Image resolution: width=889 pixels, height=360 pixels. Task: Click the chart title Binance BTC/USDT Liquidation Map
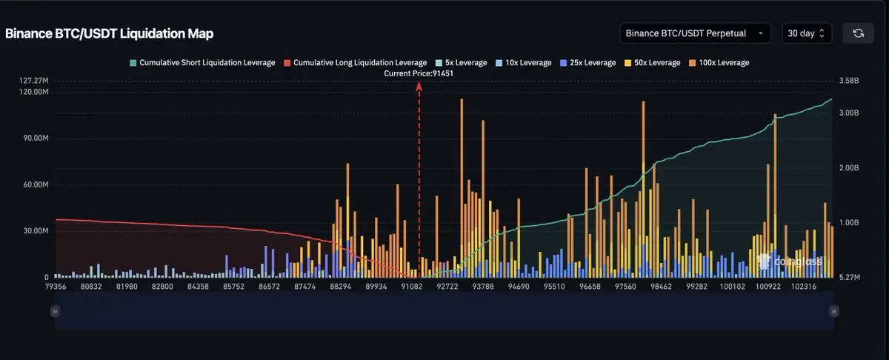point(110,34)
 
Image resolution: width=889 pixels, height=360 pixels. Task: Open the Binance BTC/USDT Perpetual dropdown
point(694,33)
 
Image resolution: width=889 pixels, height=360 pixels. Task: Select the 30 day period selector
point(807,33)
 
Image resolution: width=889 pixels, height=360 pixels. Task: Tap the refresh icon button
point(858,33)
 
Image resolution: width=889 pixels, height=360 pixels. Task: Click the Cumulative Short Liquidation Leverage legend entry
point(202,63)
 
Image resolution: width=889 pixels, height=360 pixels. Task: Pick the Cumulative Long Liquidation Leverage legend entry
point(355,63)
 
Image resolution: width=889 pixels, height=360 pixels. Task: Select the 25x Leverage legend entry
point(589,63)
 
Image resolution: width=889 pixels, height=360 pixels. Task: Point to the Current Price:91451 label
point(419,73)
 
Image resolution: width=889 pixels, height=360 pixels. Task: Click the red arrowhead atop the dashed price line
point(419,86)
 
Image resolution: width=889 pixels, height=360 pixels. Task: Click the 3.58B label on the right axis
point(848,80)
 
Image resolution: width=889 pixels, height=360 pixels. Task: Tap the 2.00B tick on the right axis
point(848,168)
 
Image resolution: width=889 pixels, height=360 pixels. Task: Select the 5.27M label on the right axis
point(848,277)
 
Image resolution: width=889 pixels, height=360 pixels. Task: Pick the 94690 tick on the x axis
point(519,286)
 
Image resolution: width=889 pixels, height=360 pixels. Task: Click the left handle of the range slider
point(54,312)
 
